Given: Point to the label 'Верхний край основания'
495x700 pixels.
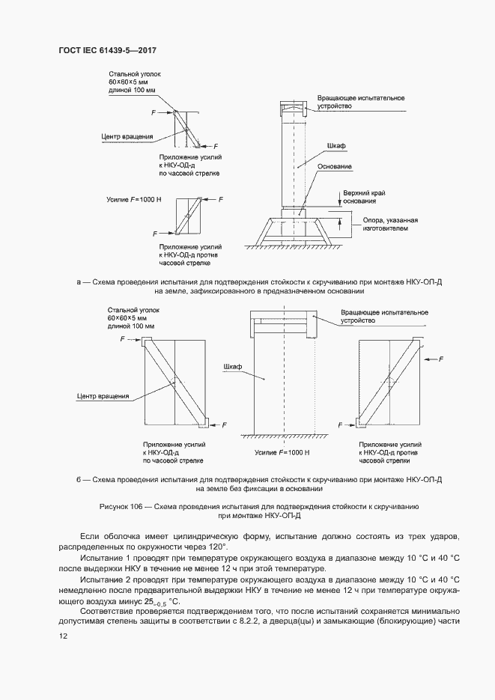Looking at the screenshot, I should pos(359,197).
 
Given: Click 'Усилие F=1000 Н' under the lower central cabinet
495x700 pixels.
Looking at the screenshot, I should pos(282,453).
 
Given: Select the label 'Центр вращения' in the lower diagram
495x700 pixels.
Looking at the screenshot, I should pos(103,396).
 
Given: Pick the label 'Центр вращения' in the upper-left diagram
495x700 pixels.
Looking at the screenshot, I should pos(127,136).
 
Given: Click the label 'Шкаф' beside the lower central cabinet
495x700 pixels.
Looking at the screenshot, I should pos(232,368).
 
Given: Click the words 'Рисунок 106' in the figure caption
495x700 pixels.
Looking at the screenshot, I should pos(121,507).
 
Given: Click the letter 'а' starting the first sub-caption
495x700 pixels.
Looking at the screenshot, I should pos(79,281).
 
